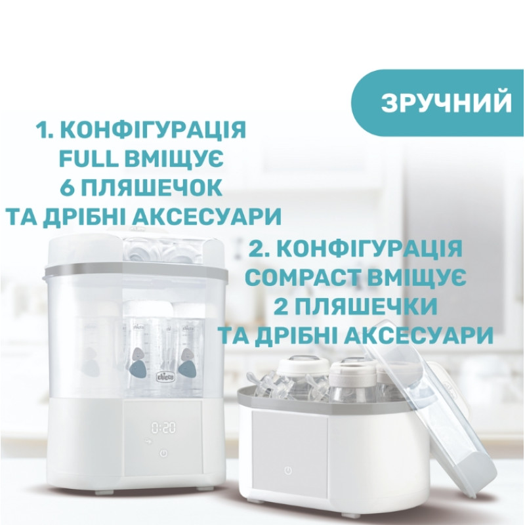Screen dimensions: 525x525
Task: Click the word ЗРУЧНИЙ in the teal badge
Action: tap(446, 102)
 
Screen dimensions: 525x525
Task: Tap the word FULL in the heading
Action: tap(89, 159)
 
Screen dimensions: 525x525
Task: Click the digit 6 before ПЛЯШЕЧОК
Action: tap(67, 187)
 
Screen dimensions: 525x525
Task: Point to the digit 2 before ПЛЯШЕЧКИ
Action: tap(281, 306)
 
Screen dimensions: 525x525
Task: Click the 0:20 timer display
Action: tap(163, 428)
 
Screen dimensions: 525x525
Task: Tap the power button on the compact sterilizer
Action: tap(287, 471)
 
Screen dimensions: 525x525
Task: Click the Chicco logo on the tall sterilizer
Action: tap(166, 377)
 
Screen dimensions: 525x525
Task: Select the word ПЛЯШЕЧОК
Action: tap(151, 187)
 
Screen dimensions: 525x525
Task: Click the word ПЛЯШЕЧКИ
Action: tap(366, 306)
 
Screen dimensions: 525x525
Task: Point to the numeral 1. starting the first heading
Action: tap(45, 129)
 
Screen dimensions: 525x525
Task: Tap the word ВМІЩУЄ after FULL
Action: tap(175, 159)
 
